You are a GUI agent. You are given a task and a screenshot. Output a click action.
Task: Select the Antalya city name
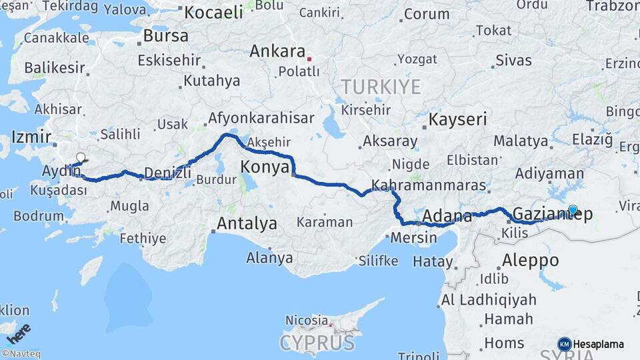247,224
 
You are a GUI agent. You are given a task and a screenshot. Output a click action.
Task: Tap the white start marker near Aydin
81,158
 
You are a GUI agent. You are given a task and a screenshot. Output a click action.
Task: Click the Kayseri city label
458,120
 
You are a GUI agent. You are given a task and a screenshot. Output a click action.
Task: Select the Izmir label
31,138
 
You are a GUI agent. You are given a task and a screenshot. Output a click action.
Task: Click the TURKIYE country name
381,87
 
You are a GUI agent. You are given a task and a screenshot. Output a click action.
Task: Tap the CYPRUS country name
317,343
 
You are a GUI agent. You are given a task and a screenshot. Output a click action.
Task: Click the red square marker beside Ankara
309,59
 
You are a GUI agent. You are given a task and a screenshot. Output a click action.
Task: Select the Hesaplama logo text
599,344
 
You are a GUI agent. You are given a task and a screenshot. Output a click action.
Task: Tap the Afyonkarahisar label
261,118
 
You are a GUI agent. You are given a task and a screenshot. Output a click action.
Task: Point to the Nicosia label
307,321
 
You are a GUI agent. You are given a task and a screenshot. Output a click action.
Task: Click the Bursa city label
165,36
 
